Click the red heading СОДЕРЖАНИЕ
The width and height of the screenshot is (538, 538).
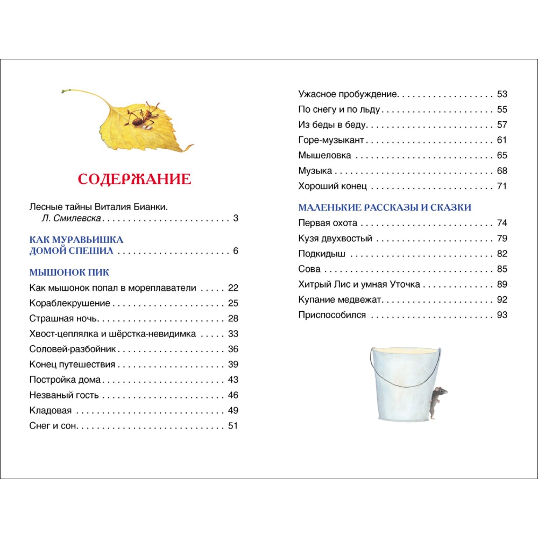(x=134, y=179)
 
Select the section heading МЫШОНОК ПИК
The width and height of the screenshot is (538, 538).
(x=69, y=272)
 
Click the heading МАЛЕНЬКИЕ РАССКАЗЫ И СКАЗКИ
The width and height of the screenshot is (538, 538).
(x=385, y=207)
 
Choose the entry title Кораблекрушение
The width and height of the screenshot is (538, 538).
(x=70, y=303)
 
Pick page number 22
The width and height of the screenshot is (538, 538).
(x=233, y=288)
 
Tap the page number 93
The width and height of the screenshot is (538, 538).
(x=502, y=315)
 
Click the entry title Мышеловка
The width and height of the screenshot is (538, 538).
(x=324, y=155)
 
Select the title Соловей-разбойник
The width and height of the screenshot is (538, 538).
(x=72, y=349)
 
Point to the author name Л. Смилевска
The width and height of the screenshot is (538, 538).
(x=71, y=218)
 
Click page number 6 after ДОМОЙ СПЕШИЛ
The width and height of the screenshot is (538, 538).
(x=236, y=251)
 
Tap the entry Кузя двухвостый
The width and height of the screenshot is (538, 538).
(x=335, y=238)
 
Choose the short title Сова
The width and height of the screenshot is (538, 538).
(x=309, y=269)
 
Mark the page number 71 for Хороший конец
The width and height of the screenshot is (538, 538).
(x=502, y=186)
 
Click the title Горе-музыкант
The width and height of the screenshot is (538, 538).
(x=331, y=140)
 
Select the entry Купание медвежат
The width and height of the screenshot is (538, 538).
(x=340, y=300)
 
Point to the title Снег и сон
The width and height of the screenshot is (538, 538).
(x=53, y=426)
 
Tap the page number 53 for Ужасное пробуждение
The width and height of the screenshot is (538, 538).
(x=502, y=94)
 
